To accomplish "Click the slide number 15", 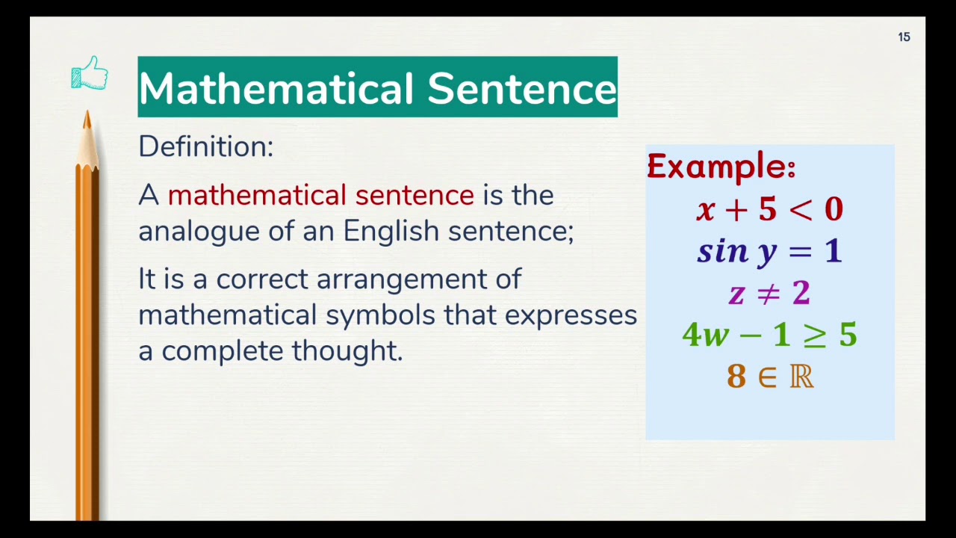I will point(904,37).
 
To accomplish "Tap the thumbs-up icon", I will point(90,74).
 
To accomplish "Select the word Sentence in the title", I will point(522,88).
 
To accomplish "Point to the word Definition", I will point(205,146).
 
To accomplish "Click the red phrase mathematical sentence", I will point(320,196).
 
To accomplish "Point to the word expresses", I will point(571,315).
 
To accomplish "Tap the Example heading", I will point(721,166).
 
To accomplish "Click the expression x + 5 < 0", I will point(769,210).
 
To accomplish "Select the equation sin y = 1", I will point(769,252).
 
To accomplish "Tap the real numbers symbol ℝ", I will point(801,377).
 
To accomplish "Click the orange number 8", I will point(736,377).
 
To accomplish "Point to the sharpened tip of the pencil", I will point(87,117).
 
